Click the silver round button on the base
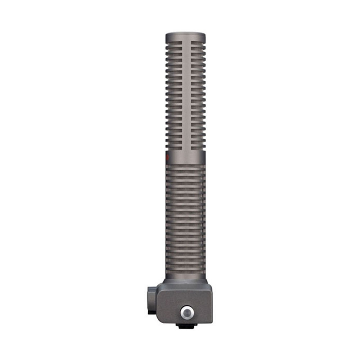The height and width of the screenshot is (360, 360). click(x=186, y=313)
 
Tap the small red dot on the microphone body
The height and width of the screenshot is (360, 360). click(x=166, y=157)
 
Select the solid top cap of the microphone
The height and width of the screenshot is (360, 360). click(x=185, y=36)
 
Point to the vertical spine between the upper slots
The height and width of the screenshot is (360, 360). click(x=185, y=94)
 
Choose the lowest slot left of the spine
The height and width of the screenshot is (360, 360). click(x=174, y=148)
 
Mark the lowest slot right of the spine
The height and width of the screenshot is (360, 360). click(x=198, y=148)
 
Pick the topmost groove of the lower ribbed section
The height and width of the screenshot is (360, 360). click(x=185, y=166)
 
